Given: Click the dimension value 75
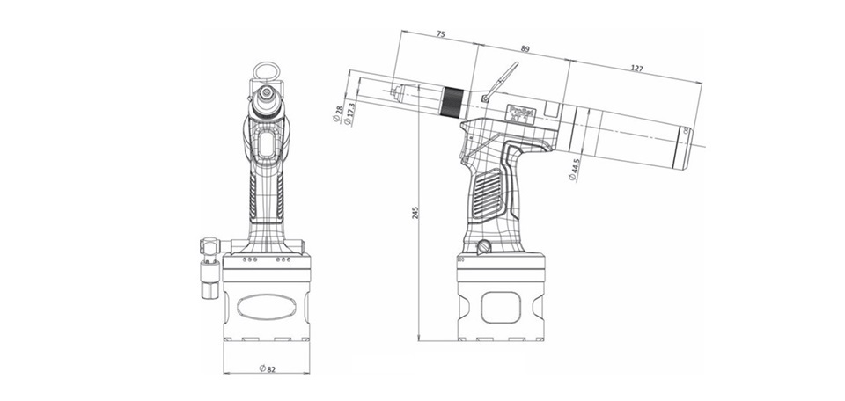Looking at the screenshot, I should click(x=440, y=35).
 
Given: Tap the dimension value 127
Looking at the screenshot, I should click(x=636, y=68).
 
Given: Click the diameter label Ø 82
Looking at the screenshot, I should click(x=267, y=368).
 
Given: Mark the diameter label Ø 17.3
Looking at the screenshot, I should click(x=350, y=114).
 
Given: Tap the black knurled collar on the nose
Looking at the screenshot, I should click(x=452, y=102).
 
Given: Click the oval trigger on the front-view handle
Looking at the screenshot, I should click(x=266, y=145).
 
